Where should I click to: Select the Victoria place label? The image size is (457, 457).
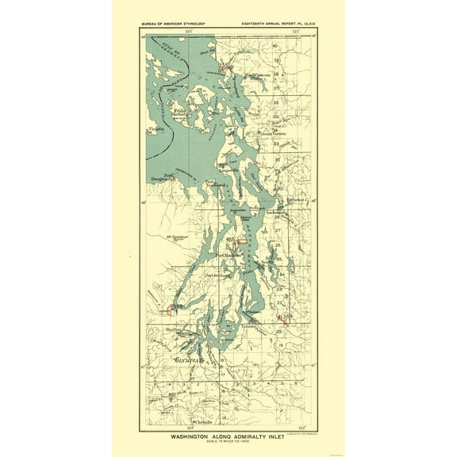[x=156, y=127]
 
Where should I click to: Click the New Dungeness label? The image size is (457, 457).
[x=174, y=178]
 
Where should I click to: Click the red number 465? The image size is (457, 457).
[x=231, y=240]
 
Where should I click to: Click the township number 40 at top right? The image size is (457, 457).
[x=275, y=47]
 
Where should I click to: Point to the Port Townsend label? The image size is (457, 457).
[x=219, y=187]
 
